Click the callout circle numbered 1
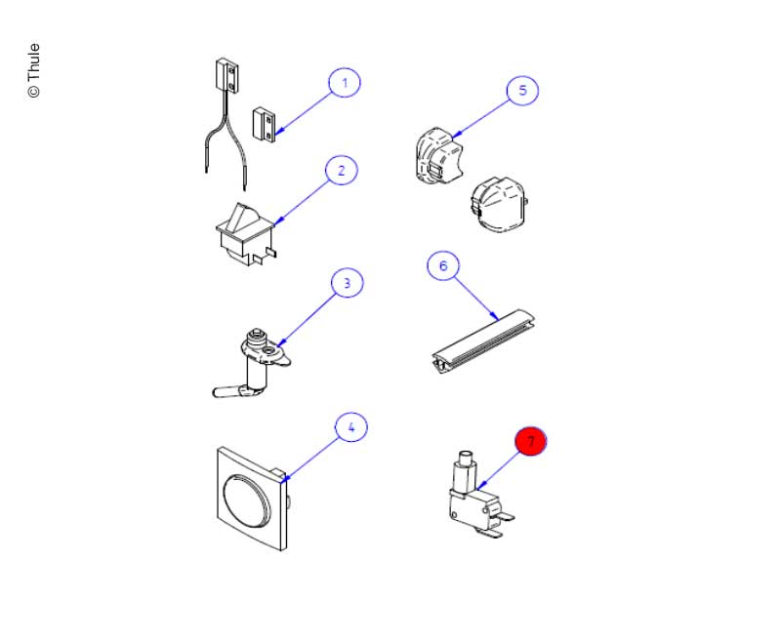coord(343,84)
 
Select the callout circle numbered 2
coord(341,171)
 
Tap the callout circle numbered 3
coord(346,284)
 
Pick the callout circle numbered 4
coord(351,426)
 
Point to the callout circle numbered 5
coord(522,90)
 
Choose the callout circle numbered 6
coord(443,266)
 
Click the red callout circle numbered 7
coord(531,442)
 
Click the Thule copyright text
coord(34,70)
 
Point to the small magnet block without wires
coord(265,124)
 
